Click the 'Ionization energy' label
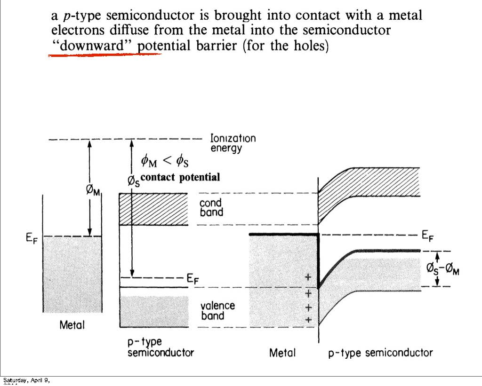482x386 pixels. pyautogui.click(x=233, y=143)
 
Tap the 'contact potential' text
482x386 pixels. pyautogui.click(x=180, y=177)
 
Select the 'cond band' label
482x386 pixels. pyautogui.click(x=211, y=207)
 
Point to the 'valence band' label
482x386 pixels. pyautogui.click(x=217, y=310)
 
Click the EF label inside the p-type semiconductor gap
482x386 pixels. pyautogui.click(x=193, y=279)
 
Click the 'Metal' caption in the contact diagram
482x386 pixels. pyautogui.click(x=282, y=353)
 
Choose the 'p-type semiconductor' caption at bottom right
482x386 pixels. pyautogui.click(x=380, y=353)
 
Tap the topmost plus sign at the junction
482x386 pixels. pyautogui.click(x=308, y=278)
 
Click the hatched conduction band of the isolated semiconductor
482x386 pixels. pyautogui.click(x=153, y=209)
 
